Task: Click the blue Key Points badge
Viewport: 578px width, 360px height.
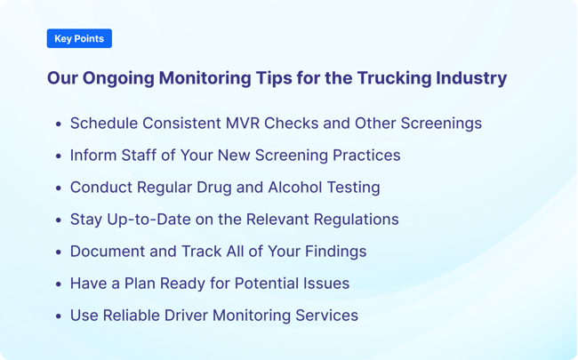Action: [79, 38]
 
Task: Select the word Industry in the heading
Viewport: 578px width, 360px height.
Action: [471, 78]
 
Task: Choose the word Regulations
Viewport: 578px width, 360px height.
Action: [352, 220]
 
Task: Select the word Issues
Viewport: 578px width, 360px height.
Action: [324, 284]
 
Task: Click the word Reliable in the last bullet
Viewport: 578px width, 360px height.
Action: [136, 316]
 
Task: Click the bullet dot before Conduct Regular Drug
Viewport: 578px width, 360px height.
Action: [59, 188]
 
